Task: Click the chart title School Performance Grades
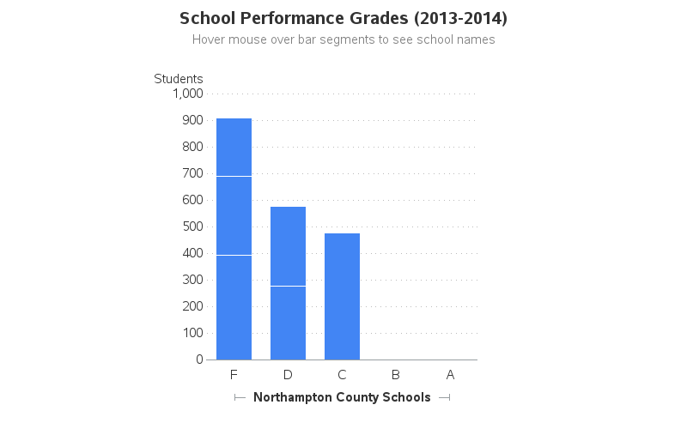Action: (x=343, y=18)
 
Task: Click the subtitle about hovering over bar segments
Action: (x=343, y=39)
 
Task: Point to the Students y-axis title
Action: (x=179, y=79)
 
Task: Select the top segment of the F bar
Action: (x=234, y=147)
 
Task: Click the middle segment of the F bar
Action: (x=234, y=215)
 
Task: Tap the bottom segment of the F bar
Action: (x=234, y=307)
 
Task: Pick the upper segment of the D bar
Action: (x=288, y=246)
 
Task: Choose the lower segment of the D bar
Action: (x=288, y=323)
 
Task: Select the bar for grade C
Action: (x=342, y=296)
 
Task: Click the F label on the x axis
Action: (x=234, y=375)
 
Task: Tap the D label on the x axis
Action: (x=288, y=375)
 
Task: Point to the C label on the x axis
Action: (x=342, y=375)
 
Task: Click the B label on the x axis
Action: (x=396, y=375)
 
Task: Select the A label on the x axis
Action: (x=450, y=375)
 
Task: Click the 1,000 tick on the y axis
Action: (x=188, y=94)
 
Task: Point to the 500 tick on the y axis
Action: (x=192, y=227)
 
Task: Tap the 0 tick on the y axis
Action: (x=199, y=360)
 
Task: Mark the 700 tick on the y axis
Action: (x=192, y=173)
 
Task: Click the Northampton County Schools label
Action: (x=342, y=397)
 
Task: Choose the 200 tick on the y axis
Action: (x=192, y=306)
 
